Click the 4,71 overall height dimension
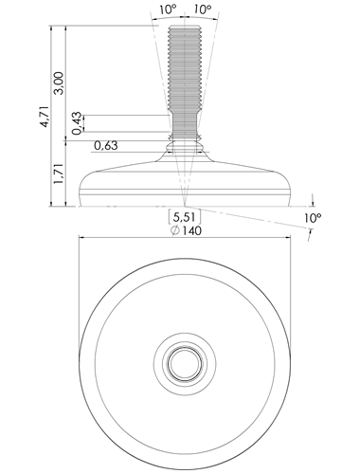pyautogui.click(x=45, y=117)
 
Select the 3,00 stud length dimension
pyautogui.click(x=59, y=83)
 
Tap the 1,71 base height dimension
pyautogui.click(x=59, y=173)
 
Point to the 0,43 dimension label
pyautogui.click(x=77, y=123)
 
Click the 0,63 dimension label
pyautogui.click(x=106, y=146)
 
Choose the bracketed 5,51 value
pyautogui.click(x=185, y=217)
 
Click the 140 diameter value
pyautogui.click(x=191, y=230)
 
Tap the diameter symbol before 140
pyautogui.click(x=174, y=231)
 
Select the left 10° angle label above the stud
pyautogui.click(x=168, y=9)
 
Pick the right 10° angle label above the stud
pyautogui.click(x=203, y=9)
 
